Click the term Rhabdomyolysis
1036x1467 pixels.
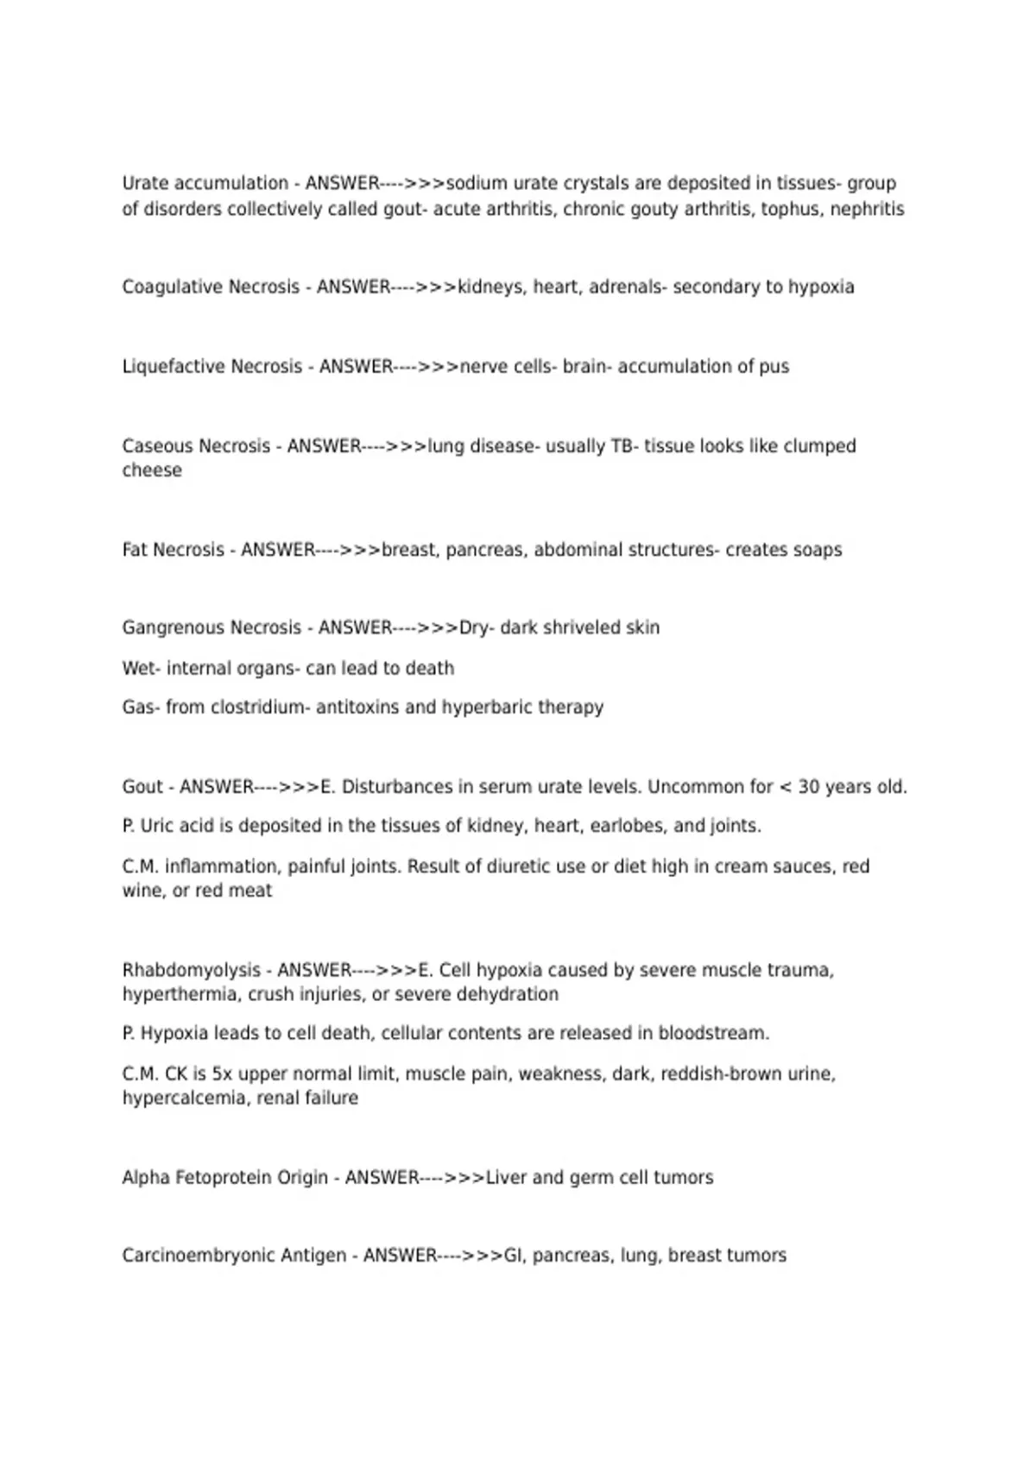191,971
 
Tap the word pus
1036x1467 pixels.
774,367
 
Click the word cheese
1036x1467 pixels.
152,470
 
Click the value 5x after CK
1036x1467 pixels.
223,1074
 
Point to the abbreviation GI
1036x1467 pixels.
514,1256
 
